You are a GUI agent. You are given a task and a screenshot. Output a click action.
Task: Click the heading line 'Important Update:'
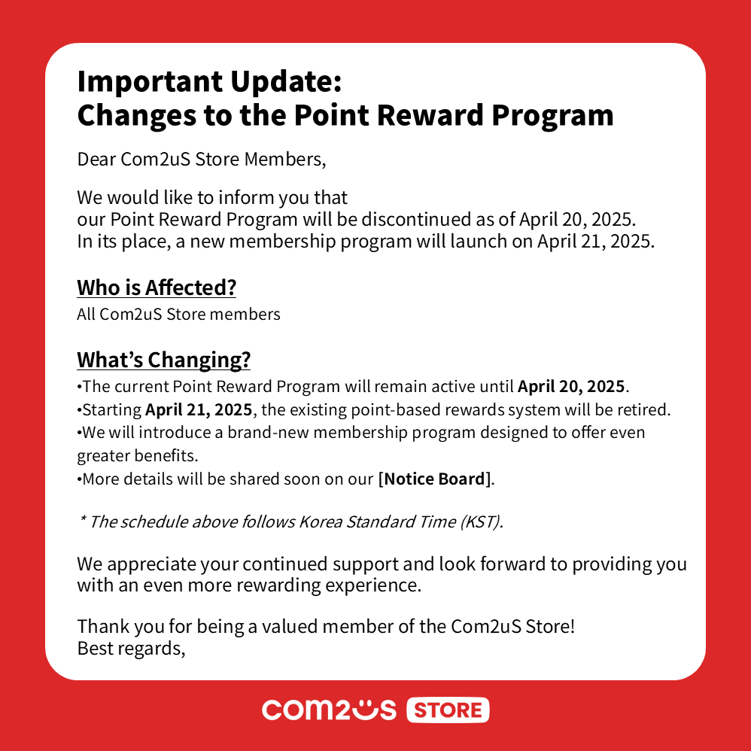(x=209, y=81)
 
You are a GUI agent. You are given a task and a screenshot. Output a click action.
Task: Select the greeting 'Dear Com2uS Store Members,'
(x=202, y=160)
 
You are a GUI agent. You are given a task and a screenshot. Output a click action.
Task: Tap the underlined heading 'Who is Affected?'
(x=156, y=287)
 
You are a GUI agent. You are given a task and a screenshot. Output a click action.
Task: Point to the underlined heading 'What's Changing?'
(x=163, y=360)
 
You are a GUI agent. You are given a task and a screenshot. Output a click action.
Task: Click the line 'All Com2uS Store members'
(x=178, y=314)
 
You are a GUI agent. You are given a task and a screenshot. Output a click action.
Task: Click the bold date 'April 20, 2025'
(x=571, y=387)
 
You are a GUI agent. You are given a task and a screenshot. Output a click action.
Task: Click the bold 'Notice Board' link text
(x=436, y=479)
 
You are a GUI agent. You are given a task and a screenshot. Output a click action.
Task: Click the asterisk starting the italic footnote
(x=82, y=520)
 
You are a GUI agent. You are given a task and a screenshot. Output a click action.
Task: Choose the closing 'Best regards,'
(x=131, y=647)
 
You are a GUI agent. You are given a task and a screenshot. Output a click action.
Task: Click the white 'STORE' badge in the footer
(x=448, y=710)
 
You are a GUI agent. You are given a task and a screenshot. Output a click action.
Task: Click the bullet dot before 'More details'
(x=79, y=479)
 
